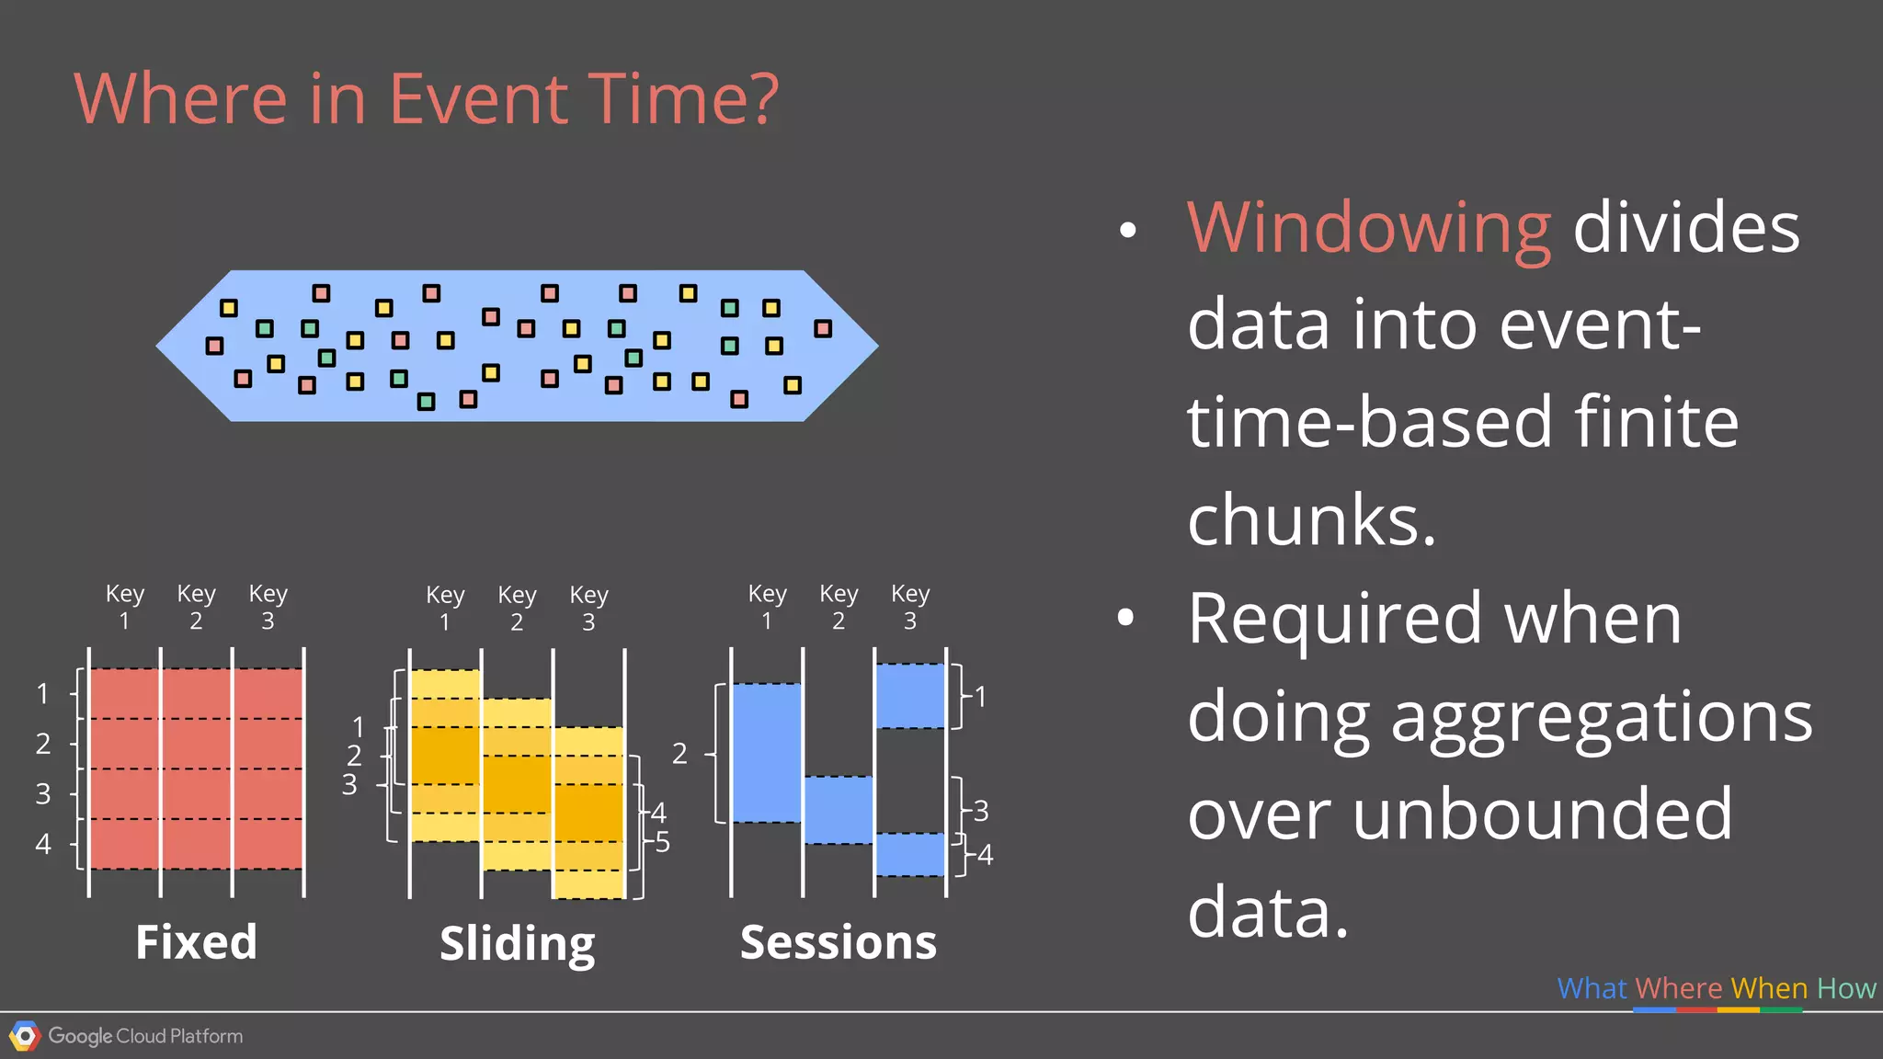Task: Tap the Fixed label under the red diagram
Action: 196,941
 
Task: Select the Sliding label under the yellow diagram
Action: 517,943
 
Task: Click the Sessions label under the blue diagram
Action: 838,942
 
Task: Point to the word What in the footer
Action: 1592,988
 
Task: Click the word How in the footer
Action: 1845,988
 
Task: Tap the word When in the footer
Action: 1769,988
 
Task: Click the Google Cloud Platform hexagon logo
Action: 25,1036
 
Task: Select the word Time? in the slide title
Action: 683,98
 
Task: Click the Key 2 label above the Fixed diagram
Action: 196,607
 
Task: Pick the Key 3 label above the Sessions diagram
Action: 910,607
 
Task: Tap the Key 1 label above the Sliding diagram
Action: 445,608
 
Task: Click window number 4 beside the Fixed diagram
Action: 43,844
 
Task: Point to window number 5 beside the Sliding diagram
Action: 662,842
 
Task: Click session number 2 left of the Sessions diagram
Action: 679,754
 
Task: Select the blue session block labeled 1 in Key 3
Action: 910,696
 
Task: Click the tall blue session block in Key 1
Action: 767,753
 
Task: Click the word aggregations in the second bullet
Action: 1601,716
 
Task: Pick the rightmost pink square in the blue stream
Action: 823,328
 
